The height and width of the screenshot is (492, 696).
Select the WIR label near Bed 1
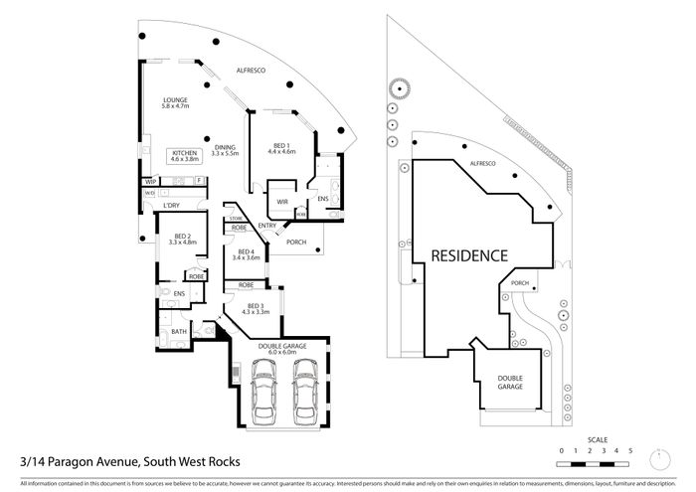coord(281,202)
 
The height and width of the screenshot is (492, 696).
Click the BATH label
coord(179,332)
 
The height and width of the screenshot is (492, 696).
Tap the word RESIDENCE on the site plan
coord(469,256)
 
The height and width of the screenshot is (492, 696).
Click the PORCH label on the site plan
coord(519,282)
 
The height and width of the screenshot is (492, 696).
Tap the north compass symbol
coord(657,457)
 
